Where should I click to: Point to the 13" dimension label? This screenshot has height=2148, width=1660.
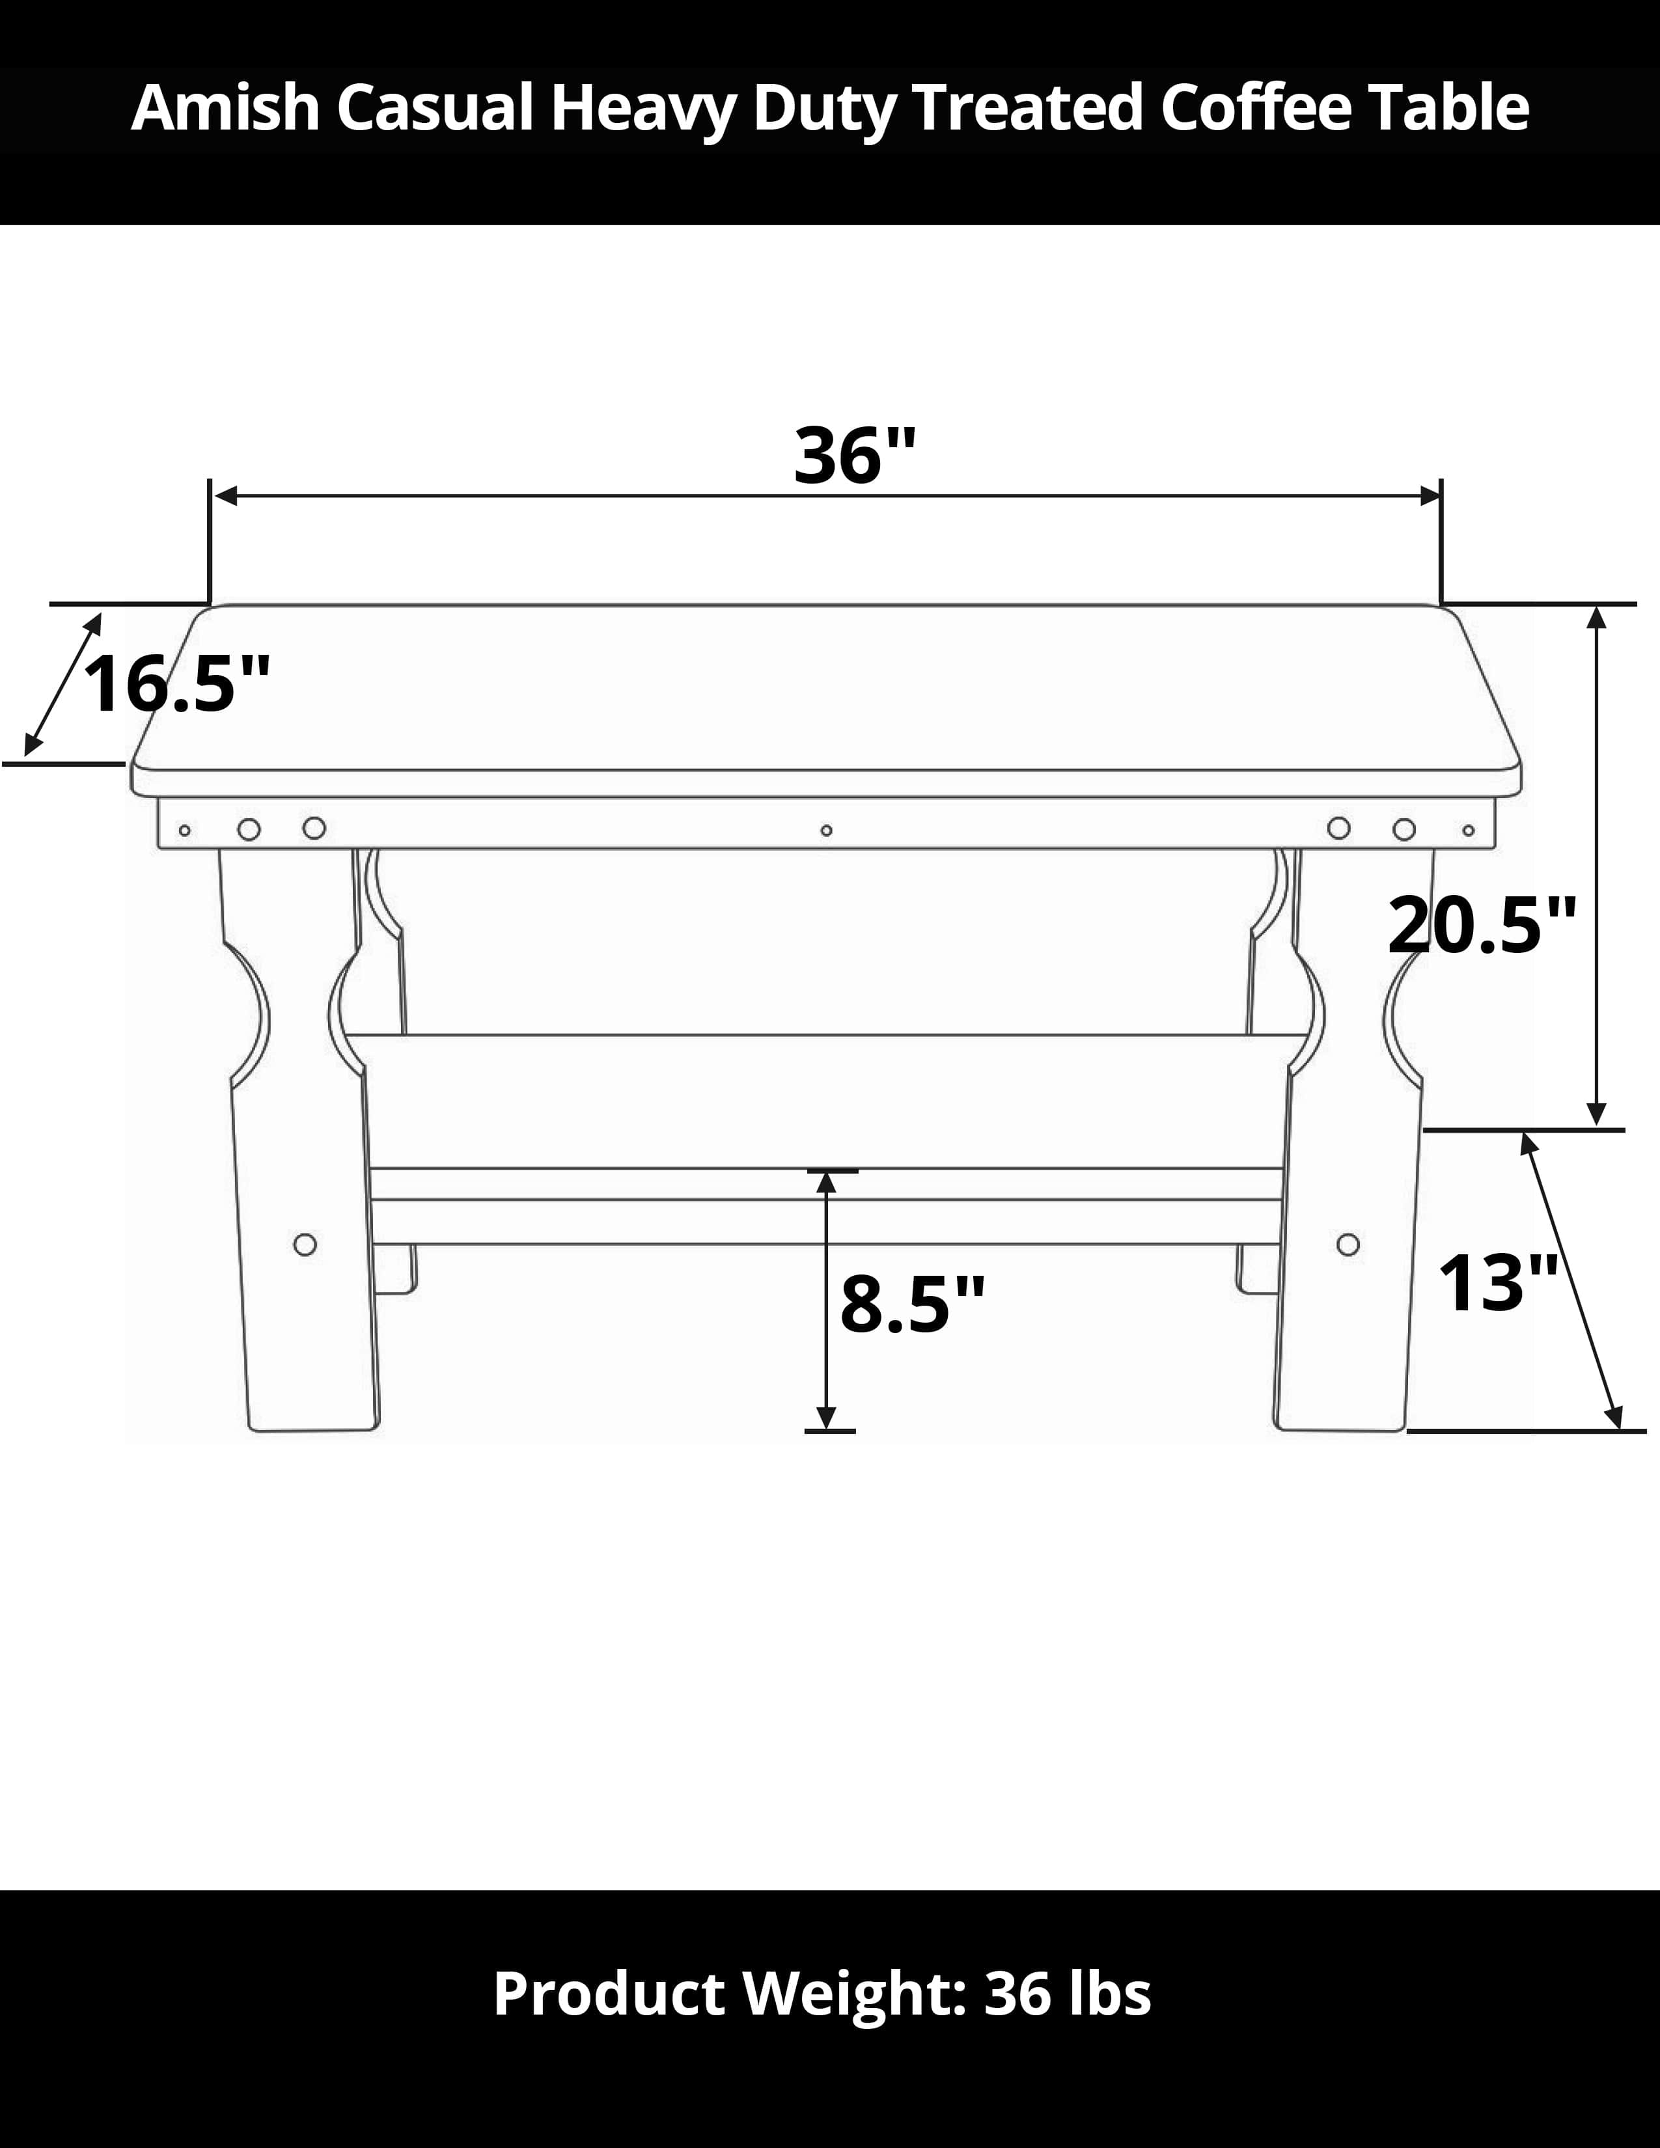(1497, 1284)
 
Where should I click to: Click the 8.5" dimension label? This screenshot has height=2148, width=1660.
(911, 1304)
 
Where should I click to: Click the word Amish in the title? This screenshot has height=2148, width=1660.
(225, 107)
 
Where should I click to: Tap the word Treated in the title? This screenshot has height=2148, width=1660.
(1029, 107)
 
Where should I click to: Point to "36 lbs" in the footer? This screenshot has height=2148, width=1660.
(1067, 1994)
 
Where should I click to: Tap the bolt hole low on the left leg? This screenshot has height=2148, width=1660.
(305, 1244)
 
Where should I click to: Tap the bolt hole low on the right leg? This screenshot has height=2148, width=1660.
(1348, 1244)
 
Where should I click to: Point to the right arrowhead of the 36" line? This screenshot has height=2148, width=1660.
(1430, 496)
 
